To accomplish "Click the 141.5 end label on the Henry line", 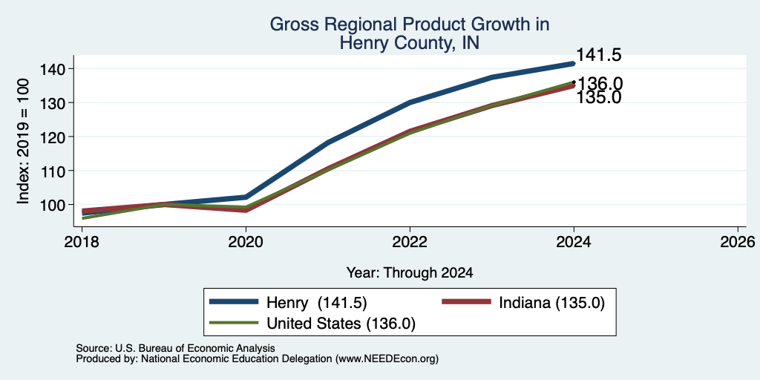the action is pos(599,55).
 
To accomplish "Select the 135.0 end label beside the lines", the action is pos(599,97).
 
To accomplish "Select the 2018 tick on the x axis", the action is pos(82,241).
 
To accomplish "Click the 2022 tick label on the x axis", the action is pos(410,241).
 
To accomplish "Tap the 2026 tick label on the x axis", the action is pos(737,241).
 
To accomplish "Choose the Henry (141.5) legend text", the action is pos(316,303).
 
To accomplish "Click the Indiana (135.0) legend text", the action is pos(552,303).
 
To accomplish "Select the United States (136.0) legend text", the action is pos(341,324).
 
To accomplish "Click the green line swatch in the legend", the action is pos(234,322).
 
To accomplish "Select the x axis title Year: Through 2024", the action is pos(410,273).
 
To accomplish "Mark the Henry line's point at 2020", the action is pos(246,197).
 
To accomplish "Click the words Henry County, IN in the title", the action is pos(410,43).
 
